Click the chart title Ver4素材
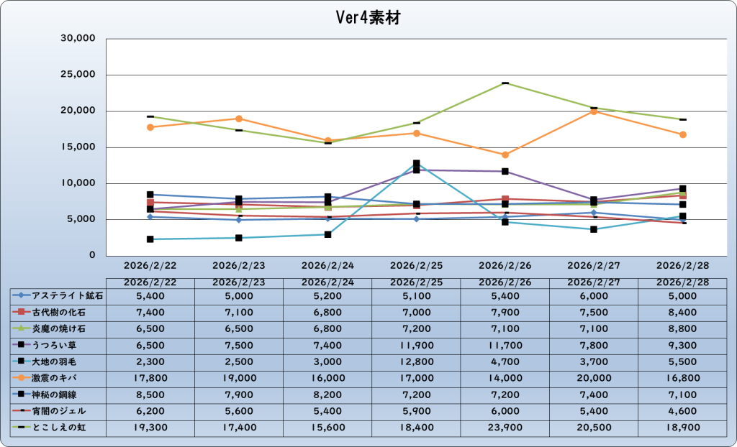pos(368,18)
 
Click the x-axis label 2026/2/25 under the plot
pos(416,265)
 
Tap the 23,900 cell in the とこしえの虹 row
pos(505,428)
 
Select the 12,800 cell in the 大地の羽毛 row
pos(416,361)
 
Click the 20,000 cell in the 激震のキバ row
pos(594,377)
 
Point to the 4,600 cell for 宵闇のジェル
pos(682,410)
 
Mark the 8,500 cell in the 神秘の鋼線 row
pos(150,394)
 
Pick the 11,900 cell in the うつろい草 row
pos(416,344)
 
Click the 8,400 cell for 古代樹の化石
pos(682,311)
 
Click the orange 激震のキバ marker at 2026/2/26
pos(505,155)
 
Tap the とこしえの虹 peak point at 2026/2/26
pos(505,83)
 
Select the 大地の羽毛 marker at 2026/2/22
pos(150,239)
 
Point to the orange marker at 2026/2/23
pos(239,119)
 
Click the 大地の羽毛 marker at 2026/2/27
pos(594,229)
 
